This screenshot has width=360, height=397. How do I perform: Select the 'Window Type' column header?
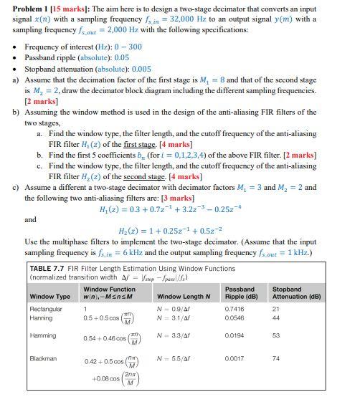49,296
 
